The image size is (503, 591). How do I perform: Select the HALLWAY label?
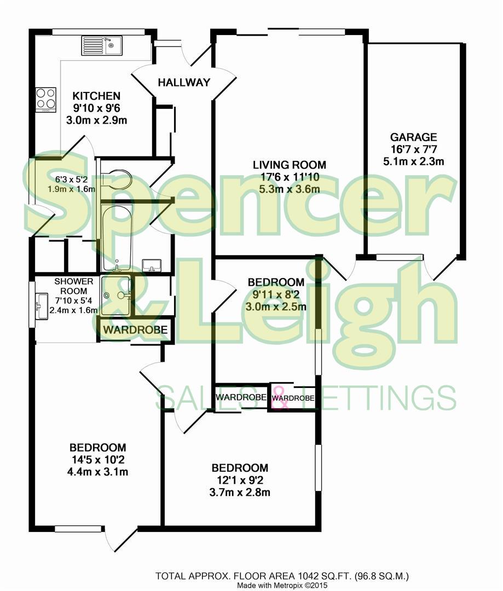pyautogui.click(x=184, y=83)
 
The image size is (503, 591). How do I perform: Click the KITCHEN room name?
pyautogui.click(x=96, y=96)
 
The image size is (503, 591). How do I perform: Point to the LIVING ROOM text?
pyautogui.click(x=289, y=165)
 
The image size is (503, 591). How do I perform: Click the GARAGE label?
pyautogui.click(x=413, y=137)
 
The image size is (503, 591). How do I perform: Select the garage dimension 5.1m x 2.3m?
pyautogui.click(x=413, y=161)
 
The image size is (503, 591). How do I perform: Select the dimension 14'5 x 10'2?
pyautogui.click(x=98, y=460)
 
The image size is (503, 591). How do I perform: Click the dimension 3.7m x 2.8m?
pyautogui.click(x=240, y=492)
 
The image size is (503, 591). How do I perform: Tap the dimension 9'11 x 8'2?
pyautogui.click(x=276, y=294)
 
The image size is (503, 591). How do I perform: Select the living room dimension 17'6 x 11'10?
pyautogui.click(x=289, y=177)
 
